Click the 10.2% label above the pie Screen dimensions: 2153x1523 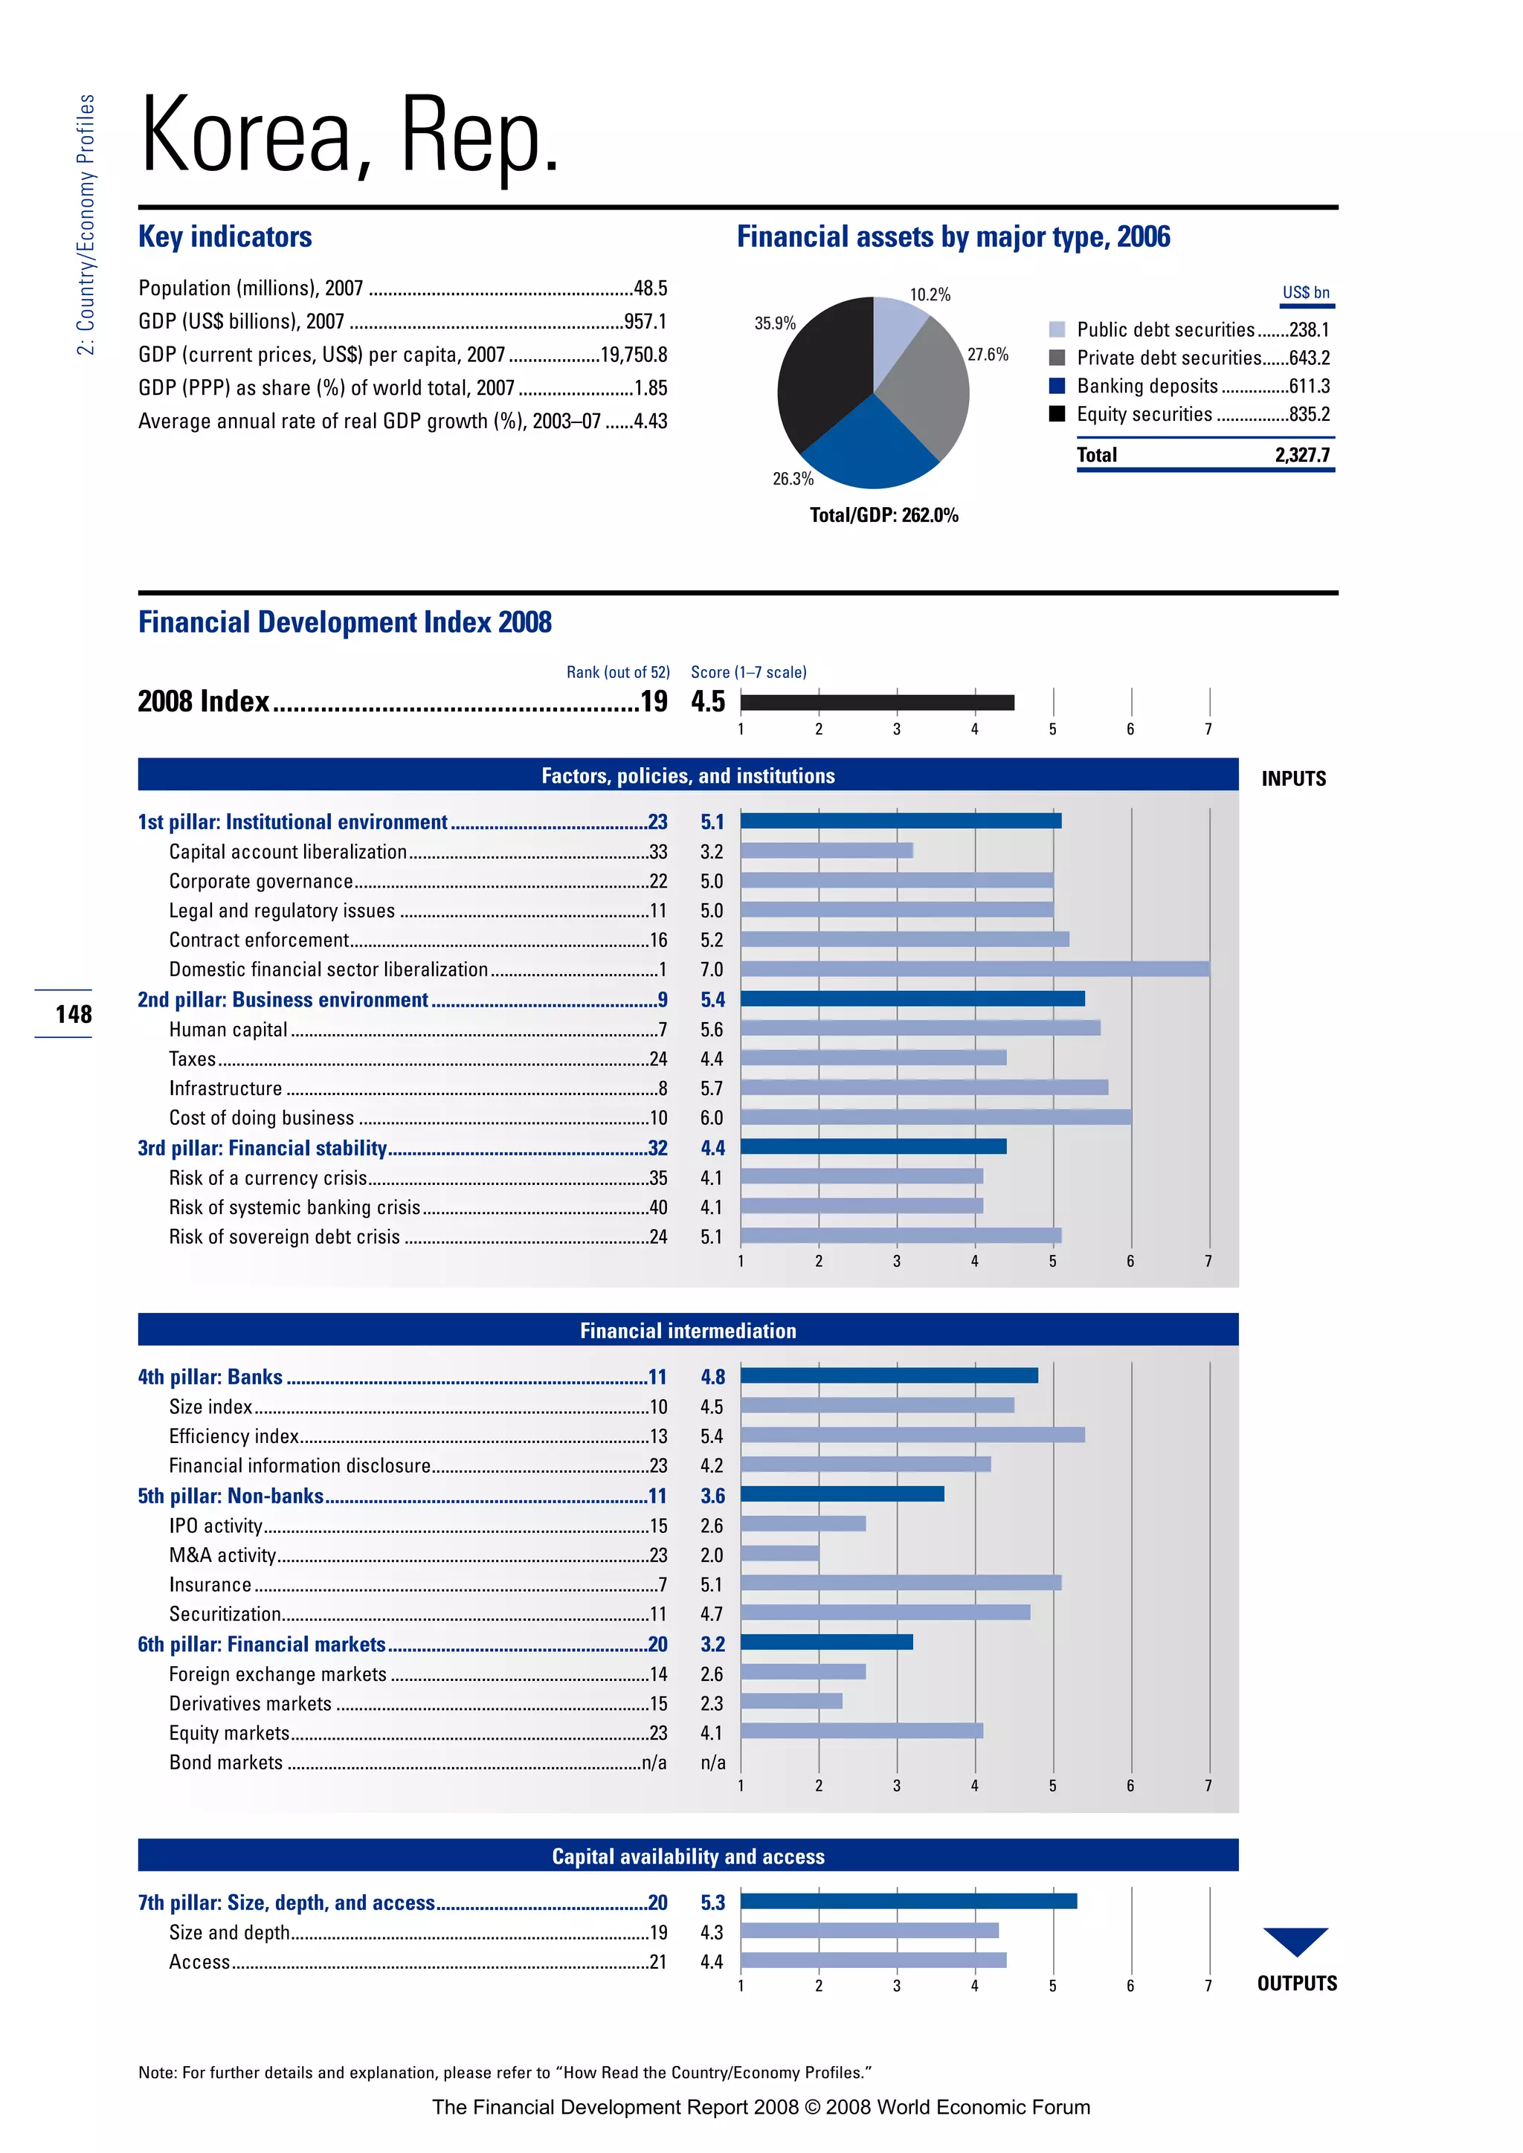coord(930,294)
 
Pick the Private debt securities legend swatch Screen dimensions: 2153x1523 coord(1057,358)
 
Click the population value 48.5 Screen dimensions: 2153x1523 coord(650,288)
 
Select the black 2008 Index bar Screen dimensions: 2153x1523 coord(877,703)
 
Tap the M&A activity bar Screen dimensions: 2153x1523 coord(779,1554)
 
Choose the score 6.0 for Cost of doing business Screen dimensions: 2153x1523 coord(712,1117)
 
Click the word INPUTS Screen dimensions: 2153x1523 coord(1293,779)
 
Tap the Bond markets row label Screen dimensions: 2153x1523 coord(226,1763)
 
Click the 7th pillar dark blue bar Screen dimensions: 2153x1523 coord(908,1902)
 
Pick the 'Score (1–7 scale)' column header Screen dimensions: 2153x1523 coord(748,672)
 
